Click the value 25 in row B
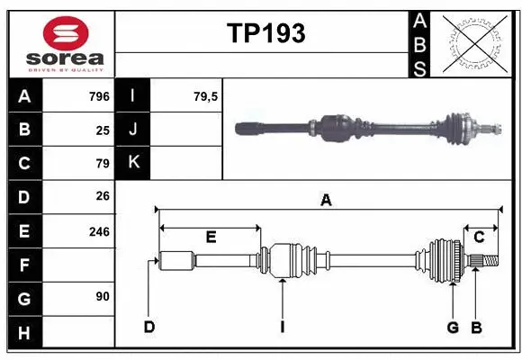click(x=103, y=130)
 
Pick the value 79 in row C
click(x=103, y=164)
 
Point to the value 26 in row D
click(x=103, y=197)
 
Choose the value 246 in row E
click(x=99, y=231)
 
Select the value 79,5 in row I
click(x=206, y=96)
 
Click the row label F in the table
click(x=24, y=265)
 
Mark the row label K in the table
click(x=133, y=163)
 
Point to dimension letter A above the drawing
click(x=326, y=201)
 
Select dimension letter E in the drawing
click(x=211, y=238)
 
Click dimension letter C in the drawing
click(x=479, y=237)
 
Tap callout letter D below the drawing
click(x=150, y=327)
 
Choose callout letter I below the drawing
click(x=282, y=327)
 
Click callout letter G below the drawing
click(x=454, y=327)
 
